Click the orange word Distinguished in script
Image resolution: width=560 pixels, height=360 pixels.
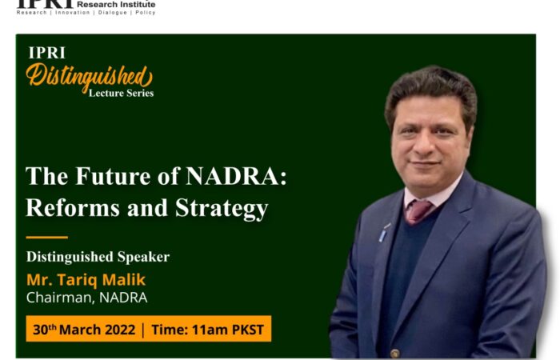click(90, 78)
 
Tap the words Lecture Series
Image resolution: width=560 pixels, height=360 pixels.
click(121, 94)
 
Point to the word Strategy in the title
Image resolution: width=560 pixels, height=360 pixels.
click(222, 209)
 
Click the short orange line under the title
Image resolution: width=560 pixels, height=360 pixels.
click(46, 237)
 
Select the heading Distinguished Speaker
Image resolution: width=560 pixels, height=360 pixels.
click(98, 257)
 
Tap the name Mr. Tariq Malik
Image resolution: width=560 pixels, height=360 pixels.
click(86, 280)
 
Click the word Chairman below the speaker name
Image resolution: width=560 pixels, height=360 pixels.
click(59, 298)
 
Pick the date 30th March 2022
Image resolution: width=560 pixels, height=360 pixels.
click(84, 330)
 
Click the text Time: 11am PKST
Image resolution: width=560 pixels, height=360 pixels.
click(207, 330)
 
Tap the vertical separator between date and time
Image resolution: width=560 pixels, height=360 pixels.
click(143, 330)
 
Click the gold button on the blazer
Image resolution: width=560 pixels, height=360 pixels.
click(394, 354)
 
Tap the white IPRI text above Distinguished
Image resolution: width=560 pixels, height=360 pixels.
click(46, 53)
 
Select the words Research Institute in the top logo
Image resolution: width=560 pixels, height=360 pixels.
click(116, 4)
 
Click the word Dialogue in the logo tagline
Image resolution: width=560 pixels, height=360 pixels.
click(113, 13)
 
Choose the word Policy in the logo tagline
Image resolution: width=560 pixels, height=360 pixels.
click(146, 13)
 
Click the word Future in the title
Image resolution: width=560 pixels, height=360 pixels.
click(113, 176)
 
